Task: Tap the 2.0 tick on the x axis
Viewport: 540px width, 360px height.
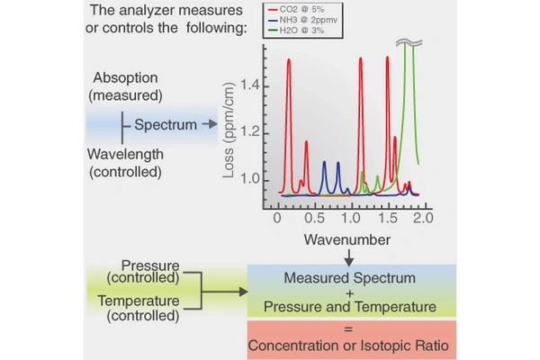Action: [x=422, y=218]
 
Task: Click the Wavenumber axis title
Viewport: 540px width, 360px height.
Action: [x=346, y=240]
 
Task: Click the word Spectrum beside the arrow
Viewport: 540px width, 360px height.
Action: [x=165, y=124]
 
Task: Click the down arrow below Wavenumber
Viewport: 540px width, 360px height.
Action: [x=348, y=257]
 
